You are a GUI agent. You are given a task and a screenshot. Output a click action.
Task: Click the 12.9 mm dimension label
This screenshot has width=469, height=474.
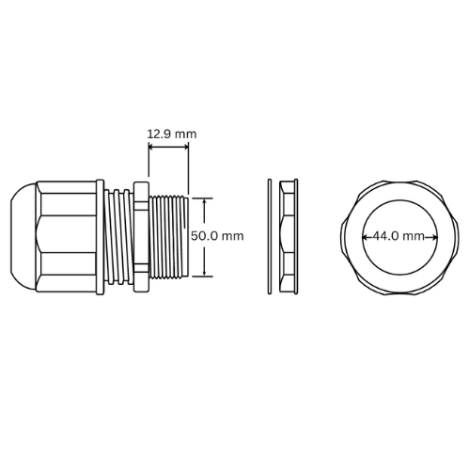[172, 134]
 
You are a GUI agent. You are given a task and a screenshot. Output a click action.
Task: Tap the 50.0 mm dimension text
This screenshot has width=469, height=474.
[217, 236]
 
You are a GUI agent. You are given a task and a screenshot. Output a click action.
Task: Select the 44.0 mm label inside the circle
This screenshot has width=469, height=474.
[399, 236]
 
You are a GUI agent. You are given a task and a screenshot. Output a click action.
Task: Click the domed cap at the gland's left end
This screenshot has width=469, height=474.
[23, 236]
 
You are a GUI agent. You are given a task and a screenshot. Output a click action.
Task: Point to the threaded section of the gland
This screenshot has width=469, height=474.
[168, 237]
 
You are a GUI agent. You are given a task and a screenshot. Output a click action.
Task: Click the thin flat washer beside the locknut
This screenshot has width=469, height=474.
[270, 236]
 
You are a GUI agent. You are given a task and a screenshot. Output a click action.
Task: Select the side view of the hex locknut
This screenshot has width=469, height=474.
[289, 236]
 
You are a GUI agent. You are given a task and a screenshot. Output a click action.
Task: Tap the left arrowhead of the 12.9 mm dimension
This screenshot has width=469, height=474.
[151, 147]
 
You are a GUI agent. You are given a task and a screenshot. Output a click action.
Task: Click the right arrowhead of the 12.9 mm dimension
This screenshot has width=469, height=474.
[186, 147]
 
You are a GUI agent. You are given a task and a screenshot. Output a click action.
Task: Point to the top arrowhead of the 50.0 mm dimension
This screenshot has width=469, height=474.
[205, 201]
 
